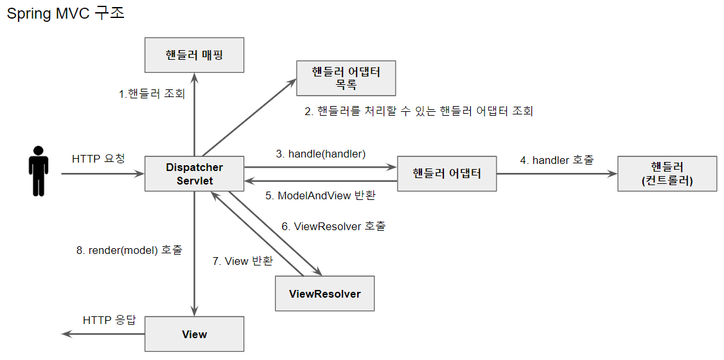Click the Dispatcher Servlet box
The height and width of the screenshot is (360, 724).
click(194, 174)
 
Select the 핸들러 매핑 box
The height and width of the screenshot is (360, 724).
click(194, 55)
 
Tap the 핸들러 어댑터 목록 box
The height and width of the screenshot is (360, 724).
click(346, 78)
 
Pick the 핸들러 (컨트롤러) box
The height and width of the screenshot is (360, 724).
click(667, 174)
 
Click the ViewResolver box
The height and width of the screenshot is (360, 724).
click(324, 294)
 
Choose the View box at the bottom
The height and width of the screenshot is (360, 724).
click(194, 334)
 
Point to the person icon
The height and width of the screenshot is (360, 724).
click(39, 170)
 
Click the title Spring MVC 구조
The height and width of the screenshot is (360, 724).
click(66, 14)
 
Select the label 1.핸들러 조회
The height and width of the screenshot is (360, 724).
click(152, 94)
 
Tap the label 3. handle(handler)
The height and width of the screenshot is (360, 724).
click(321, 154)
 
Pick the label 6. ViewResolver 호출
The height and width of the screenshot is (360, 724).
click(333, 226)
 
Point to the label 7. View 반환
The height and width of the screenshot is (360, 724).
click(242, 261)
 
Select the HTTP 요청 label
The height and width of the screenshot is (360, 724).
click(98, 159)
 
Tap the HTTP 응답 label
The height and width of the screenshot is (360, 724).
click(110, 320)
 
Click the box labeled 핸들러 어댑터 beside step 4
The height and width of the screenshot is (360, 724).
click(446, 174)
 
